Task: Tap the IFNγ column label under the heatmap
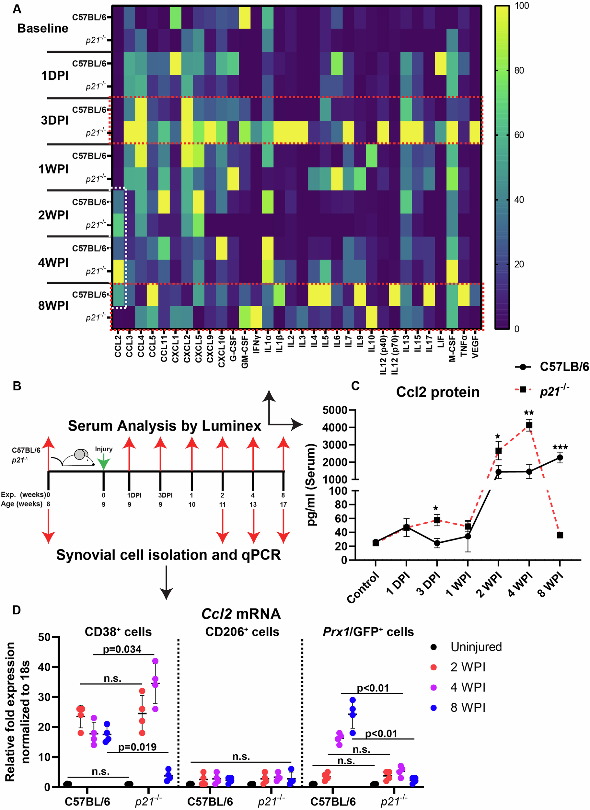(x=256, y=344)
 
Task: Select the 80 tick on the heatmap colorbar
(x=519, y=70)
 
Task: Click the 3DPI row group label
(x=54, y=120)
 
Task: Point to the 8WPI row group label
(x=53, y=306)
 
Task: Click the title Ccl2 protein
(x=437, y=392)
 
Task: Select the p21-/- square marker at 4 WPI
(x=529, y=425)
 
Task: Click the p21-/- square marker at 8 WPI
(x=560, y=535)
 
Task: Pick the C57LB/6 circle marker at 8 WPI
(x=560, y=457)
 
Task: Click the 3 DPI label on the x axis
(x=428, y=584)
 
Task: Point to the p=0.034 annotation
(x=122, y=649)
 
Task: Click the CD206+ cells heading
(x=242, y=631)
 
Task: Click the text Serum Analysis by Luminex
(x=165, y=426)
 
